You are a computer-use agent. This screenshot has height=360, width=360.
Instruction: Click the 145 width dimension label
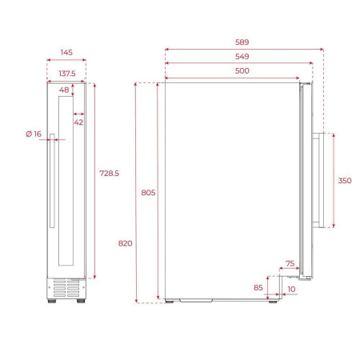coord(66,53)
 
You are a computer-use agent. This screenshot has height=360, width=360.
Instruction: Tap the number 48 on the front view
coord(65,90)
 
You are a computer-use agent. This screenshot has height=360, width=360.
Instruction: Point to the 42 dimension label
coord(78,122)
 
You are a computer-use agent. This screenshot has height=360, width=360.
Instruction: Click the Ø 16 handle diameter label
coord(33,134)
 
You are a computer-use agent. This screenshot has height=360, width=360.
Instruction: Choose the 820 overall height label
coord(125,242)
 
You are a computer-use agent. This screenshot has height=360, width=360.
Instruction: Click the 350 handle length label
coord(344,181)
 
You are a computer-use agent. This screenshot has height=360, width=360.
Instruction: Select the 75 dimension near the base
coord(290,264)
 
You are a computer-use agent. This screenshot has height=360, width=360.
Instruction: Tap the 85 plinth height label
coord(258,286)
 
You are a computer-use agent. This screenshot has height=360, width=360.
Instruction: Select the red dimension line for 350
coord(333,180)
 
